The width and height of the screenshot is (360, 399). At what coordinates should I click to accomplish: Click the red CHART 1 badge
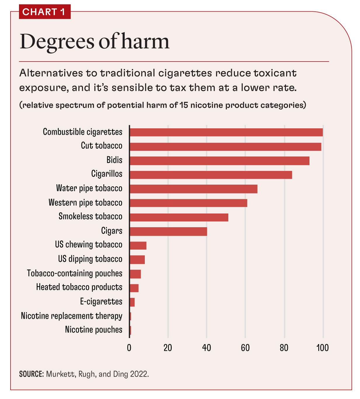click(x=44, y=12)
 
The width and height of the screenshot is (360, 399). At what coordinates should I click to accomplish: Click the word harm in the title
click(x=145, y=42)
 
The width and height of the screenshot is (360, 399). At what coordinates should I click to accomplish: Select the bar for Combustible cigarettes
click(x=226, y=132)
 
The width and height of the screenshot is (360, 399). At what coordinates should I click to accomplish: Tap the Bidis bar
click(x=219, y=161)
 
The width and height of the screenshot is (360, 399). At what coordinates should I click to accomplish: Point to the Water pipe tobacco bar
click(x=193, y=189)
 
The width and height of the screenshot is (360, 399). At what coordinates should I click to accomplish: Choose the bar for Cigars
click(x=168, y=232)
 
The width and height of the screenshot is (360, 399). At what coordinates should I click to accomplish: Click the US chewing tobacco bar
click(x=138, y=246)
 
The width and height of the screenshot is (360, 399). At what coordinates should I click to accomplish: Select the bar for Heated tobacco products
click(x=134, y=288)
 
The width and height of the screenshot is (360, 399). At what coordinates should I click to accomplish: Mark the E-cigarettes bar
click(x=132, y=302)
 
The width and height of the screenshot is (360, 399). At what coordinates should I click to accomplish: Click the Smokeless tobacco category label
click(x=91, y=216)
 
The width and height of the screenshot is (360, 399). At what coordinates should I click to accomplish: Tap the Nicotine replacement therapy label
click(x=72, y=316)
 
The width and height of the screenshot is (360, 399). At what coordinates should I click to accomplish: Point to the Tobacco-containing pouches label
click(x=75, y=273)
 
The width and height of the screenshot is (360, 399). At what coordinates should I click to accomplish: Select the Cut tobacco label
click(x=102, y=146)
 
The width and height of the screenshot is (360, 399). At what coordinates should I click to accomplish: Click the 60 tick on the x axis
click(x=245, y=348)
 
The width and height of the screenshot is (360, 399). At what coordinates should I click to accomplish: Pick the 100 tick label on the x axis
click(x=323, y=348)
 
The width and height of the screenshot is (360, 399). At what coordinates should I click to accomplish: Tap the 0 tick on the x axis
click(x=129, y=348)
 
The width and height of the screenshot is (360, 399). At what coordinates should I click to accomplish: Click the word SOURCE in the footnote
click(x=31, y=374)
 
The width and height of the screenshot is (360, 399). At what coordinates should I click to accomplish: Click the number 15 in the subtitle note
click(x=184, y=105)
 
